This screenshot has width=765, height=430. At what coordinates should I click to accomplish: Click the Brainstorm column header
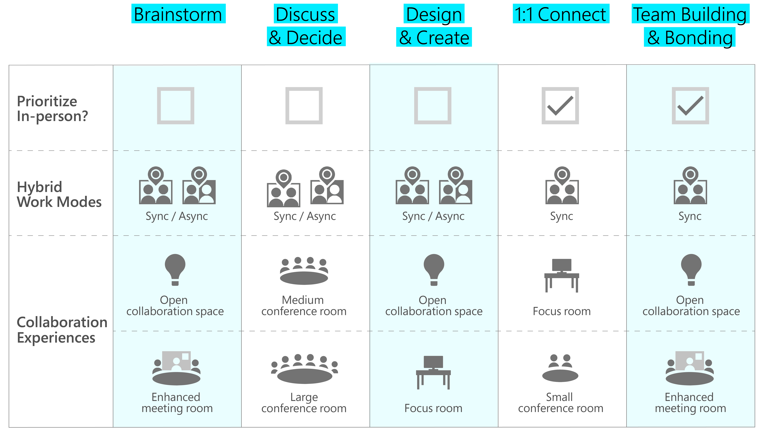coord(178,14)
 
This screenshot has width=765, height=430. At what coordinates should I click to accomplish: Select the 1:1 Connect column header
coord(561,14)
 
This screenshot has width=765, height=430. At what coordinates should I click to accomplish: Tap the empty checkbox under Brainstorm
coord(176,106)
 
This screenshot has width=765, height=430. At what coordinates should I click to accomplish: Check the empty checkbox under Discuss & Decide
coord(304,106)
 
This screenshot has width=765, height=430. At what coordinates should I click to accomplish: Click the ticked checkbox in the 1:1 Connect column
coord(560,106)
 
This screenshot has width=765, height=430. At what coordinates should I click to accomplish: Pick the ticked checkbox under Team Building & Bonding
coord(690,106)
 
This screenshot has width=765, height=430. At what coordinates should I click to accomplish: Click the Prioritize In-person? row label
coord(52,109)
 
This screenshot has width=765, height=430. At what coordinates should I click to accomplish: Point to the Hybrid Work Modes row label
coord(59,194)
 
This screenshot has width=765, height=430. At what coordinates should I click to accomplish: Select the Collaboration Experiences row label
coord(62,330)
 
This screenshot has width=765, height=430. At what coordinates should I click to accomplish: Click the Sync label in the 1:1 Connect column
coord(561,216)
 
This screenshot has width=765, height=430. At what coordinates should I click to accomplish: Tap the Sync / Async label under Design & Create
coord(433,216)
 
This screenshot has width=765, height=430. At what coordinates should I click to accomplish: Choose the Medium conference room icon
coord(304,271)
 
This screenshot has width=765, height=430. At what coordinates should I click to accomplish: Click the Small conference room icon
coord(560,368)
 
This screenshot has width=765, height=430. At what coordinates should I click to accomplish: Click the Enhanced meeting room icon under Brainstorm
coord(176,368)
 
